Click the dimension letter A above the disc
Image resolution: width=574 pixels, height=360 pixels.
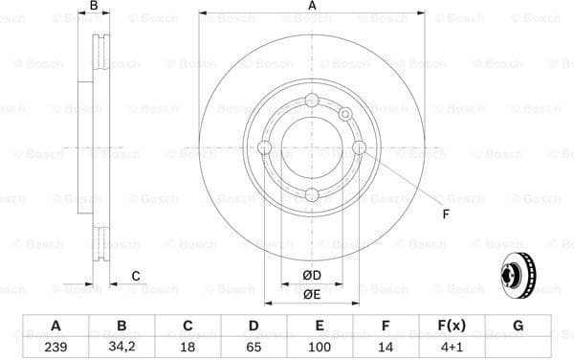click(312, 8)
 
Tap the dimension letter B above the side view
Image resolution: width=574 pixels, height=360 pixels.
click(93, 8)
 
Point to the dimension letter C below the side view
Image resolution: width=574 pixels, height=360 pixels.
click(136, 276)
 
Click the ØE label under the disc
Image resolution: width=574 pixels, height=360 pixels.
click(312, 294)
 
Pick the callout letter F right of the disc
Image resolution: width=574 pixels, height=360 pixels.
click(445, 214)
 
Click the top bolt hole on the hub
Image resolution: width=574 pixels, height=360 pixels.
click(312, 101)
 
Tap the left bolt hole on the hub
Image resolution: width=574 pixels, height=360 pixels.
click(265, 147)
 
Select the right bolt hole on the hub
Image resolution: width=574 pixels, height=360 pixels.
click(359, 147)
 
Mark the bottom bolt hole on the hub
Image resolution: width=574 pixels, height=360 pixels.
click(312, 194)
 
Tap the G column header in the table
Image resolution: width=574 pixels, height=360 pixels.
click(518, 326)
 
